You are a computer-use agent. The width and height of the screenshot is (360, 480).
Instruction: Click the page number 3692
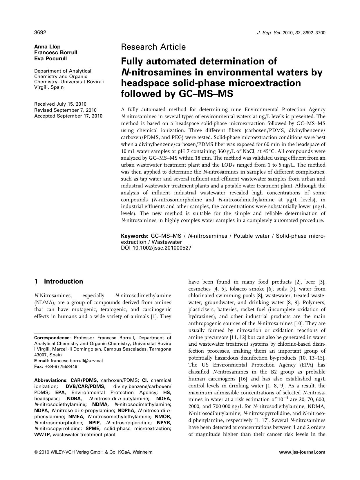[x=40, y=33]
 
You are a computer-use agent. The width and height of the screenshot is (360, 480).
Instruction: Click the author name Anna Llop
[x=47, y=47]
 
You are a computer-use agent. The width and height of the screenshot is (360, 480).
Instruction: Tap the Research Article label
[x=153, y=47]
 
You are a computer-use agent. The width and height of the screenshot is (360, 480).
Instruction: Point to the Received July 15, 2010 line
[x=60, y=104]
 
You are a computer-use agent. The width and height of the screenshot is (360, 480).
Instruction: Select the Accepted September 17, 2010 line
[x=68, y=116]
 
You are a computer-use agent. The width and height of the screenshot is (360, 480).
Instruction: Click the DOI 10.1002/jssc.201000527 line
[x=156, y=248]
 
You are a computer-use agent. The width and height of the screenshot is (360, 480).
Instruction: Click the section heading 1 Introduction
[x=59, y=281]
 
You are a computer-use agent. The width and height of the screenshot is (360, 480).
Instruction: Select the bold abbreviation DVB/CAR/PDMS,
[x=86, y=386]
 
